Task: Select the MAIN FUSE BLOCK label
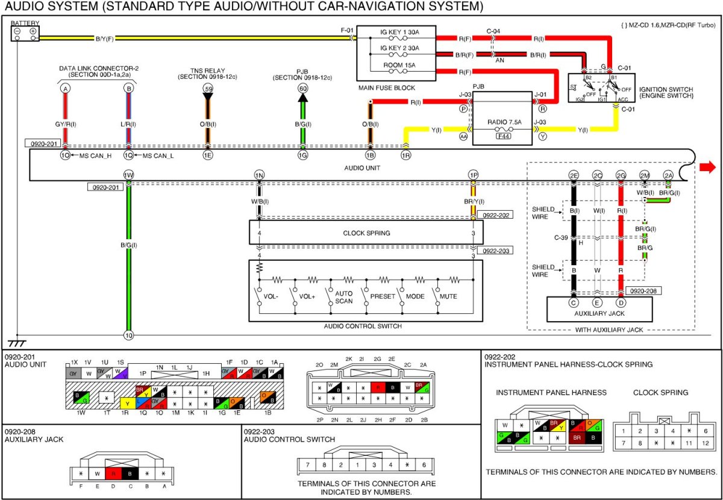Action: [387, 88]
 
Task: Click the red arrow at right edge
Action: [708, 167]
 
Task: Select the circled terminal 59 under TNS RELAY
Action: [208, 89]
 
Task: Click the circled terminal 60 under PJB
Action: [302, 89]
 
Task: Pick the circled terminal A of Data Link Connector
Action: [64, 89]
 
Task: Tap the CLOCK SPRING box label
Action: [366, 233]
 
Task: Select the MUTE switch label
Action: [448, 296]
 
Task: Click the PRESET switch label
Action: [382, 296]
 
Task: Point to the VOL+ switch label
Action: [307, 296]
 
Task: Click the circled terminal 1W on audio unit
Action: [128, 175]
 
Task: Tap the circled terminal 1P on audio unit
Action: [473, 175]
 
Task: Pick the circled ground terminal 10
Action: [128, 335]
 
